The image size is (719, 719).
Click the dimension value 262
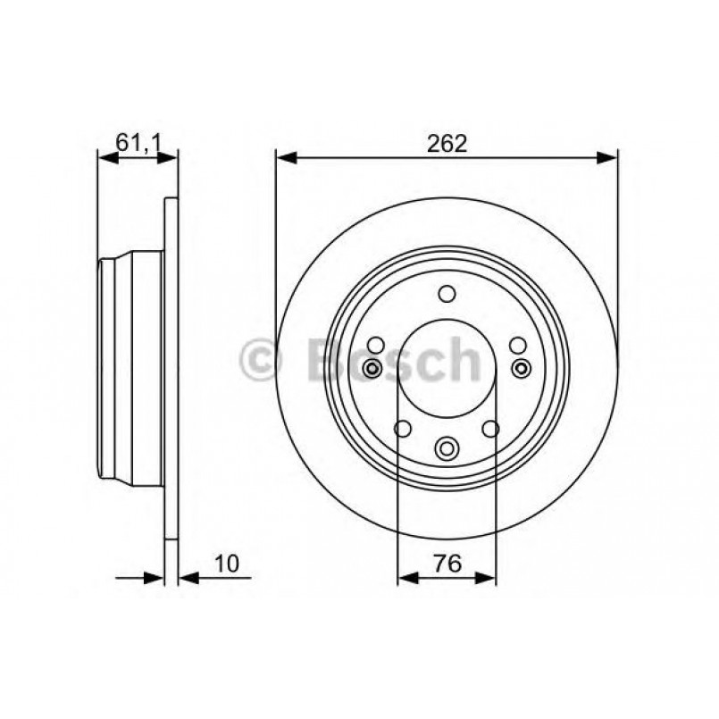[x=447, y=143]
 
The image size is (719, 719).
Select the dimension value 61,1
[x=137, y=142]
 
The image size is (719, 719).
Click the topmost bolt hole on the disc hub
[x=447, y=293]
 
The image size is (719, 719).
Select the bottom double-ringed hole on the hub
[x=447, y=448]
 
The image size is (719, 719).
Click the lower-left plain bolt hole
[x=404, y=430]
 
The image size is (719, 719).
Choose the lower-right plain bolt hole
[x=490, y=430]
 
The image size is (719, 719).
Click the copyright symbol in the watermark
[x=262, y=361]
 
